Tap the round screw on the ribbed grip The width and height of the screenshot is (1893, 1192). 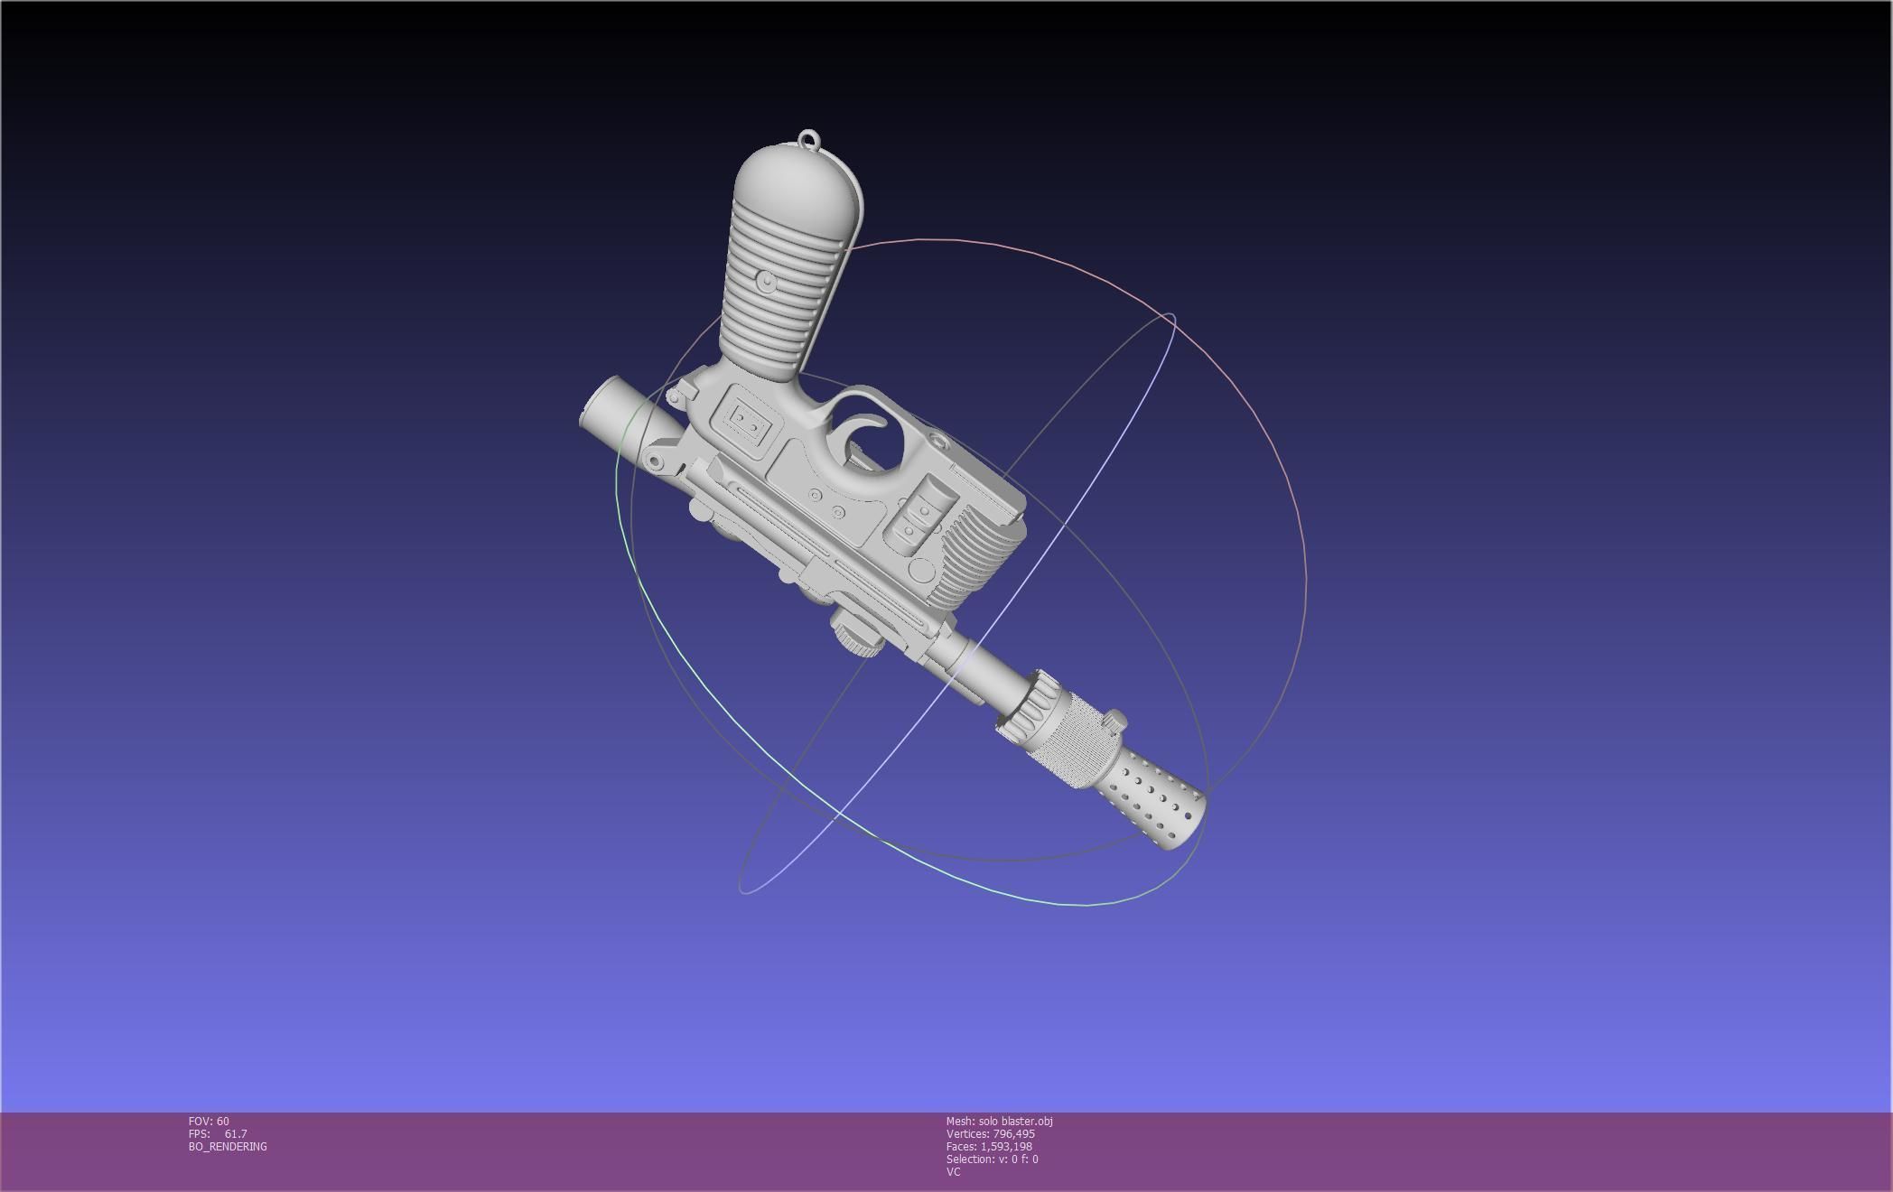[x=767, y=283]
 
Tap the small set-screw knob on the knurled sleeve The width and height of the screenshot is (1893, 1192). [x=1116, y=720]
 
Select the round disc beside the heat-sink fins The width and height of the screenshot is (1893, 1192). [x=920, y=571]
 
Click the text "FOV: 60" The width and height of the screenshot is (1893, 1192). [x=209, y=1122]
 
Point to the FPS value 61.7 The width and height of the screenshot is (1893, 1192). [x=235, y=1134]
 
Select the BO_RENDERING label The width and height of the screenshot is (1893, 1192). [x=228, y=1147]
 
